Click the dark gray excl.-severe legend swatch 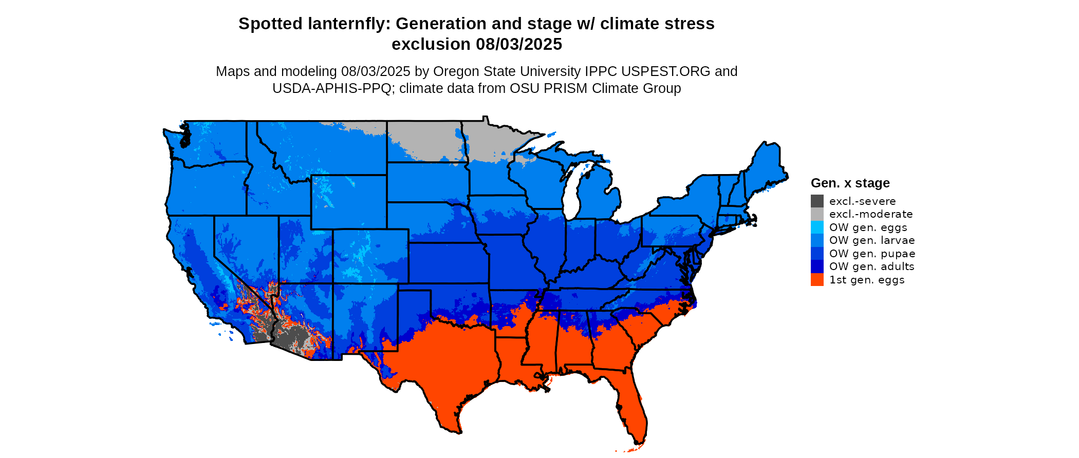tap(817, 201)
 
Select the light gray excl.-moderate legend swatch tap(817, 214)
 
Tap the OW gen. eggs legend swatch tap(817, 227)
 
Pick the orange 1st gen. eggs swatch tap(817, 280)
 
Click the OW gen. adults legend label tap(871, 266)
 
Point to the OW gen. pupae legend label tap(872, 254)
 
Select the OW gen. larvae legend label tap(872, 240)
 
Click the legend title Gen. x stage tap(850, 183)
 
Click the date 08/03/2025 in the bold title tap(519, 44)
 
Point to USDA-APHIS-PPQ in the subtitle tap(332, 88)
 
